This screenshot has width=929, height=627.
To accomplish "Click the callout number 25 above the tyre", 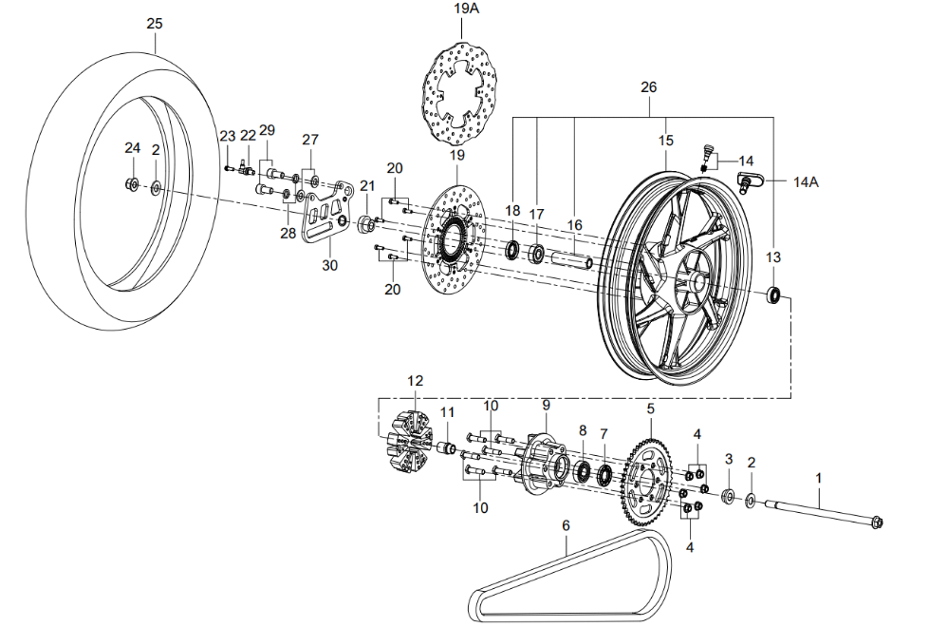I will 155,23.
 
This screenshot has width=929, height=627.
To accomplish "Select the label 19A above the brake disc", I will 465,9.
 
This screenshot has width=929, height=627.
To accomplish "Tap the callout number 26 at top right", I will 648,87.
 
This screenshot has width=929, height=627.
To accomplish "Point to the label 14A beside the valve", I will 806,181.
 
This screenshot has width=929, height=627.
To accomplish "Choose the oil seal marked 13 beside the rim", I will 775,295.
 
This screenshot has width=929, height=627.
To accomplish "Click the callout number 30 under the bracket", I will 329,265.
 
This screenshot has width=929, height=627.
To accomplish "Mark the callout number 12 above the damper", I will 415,381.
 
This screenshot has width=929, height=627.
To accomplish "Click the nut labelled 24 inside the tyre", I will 132,183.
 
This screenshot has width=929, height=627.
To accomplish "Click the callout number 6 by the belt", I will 566,525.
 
